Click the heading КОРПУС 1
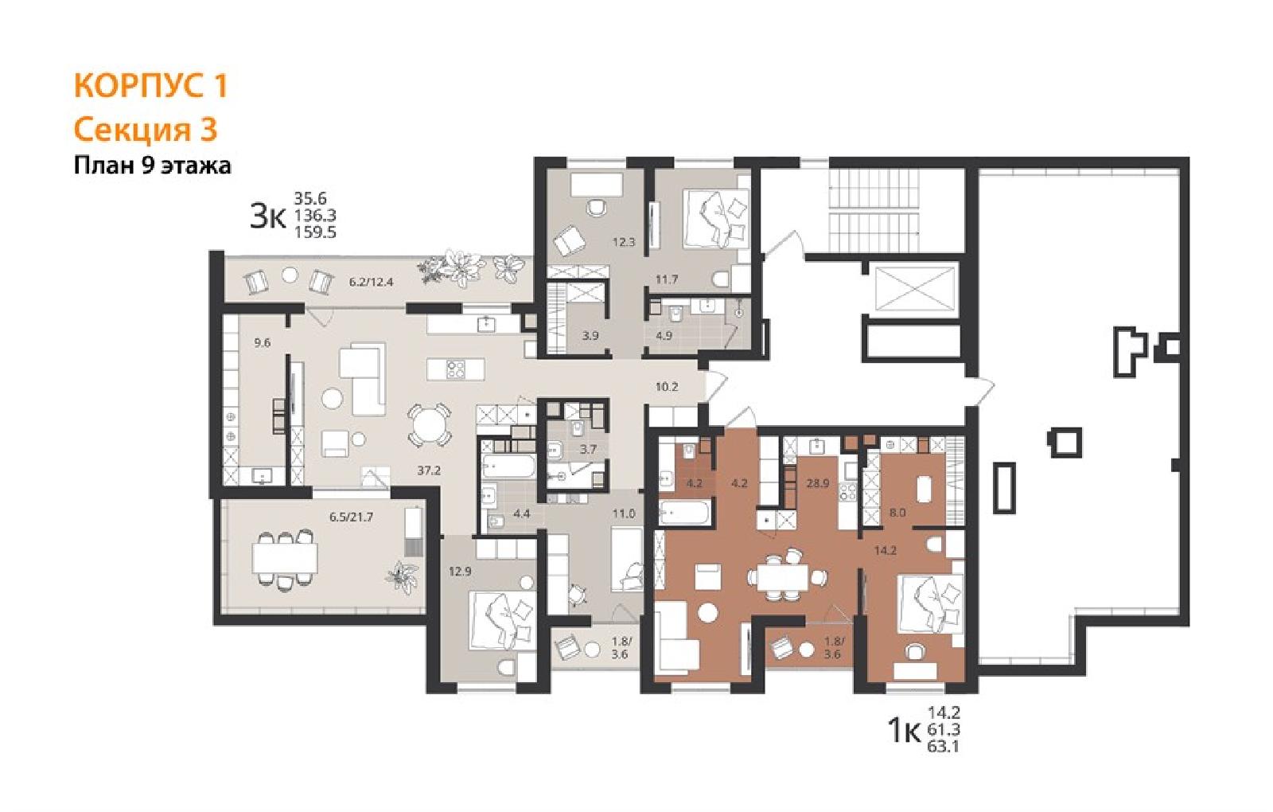click(150, 87)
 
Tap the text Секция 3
click(146, 130)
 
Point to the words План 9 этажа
click(152, 166)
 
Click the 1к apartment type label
click(904, 732)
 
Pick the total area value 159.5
click(315, 232)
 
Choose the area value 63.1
click(944, 746)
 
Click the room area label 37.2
click(429, 470)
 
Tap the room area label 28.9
click(817, 483)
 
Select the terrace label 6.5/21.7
click(351, 517)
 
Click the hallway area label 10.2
click(667, 387)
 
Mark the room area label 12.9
click(460, 572)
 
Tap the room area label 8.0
click(897, 513)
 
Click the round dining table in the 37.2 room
click(429, 425)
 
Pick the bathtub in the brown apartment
click(685, 513)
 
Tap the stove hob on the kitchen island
click(456, 369)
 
